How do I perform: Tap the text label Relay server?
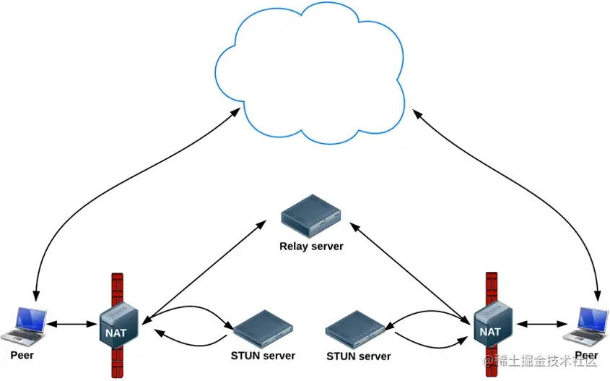(x=311, y=247)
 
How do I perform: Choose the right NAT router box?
(x=493, y=322)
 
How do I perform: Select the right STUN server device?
(x=354, y=330)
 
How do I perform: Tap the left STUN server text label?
(x=263, y=356)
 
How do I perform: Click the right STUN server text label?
(x=359, y=356)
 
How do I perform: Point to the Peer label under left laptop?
(x=22, y=356)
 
